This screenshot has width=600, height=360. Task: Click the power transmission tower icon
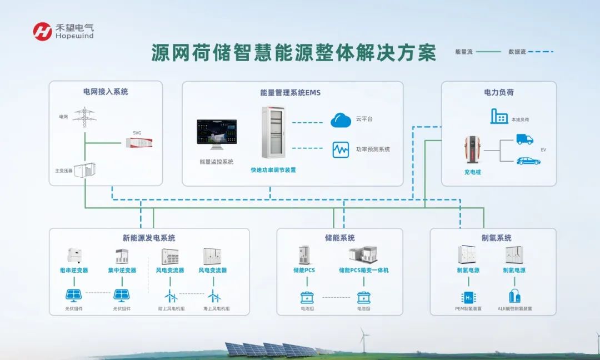tap(84, 117)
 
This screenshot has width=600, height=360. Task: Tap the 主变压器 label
tap(64, 171)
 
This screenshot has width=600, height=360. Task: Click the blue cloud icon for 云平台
tap(341, 119)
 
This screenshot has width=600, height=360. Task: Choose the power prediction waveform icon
tap(341, 149)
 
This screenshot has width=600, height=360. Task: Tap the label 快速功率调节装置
tap(273, 170)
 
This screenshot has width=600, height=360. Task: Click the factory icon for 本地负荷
tap(499, 117)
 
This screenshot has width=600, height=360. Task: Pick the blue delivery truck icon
tap(524, 139)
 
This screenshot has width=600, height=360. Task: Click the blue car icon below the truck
tap(528, 161)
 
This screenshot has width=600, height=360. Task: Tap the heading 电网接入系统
tap(106, 92)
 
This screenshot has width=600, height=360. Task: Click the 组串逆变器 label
tap(74, 271)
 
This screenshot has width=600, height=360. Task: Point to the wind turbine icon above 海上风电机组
tap(214, 296)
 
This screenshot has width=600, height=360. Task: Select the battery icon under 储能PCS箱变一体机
tap(363, 297)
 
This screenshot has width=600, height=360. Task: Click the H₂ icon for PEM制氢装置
tap(468, 297)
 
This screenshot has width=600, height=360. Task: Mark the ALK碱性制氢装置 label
tap(514, 308)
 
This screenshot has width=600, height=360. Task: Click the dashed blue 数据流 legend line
tap(541, 52)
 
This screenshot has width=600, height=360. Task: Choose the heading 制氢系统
tap(496, 238)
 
